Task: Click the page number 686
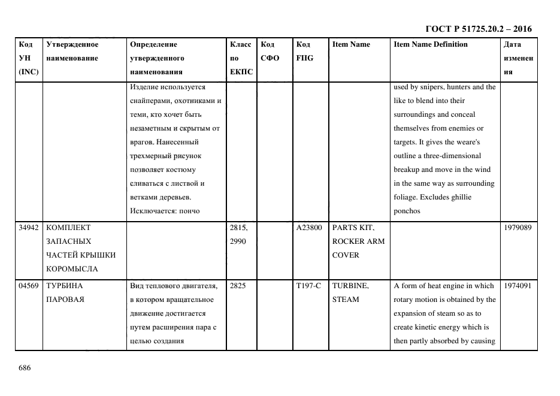click(x=25, y=368)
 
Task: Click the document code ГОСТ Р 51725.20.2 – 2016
click(x=479, y=29)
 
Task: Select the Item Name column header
click(x=351, y=44)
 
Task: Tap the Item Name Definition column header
click(x=431, y=44)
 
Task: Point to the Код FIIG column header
click(x=304, y=51)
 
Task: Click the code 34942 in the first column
click(x=29, y=228)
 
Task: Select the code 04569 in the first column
click(x=29, y=286)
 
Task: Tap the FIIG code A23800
click(x=309, y=228)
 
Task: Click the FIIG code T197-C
click(x=308, y=286)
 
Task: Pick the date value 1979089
click(x=518, y=228)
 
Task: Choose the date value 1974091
click(x=518, y=286)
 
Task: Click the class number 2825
click(x=238, y=286)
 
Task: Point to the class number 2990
click(x=238, y=241)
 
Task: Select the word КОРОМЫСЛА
click(x=72, y=269)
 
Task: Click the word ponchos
click(x=407, y=211)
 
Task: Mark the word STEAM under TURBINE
click(x=346, y=299)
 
